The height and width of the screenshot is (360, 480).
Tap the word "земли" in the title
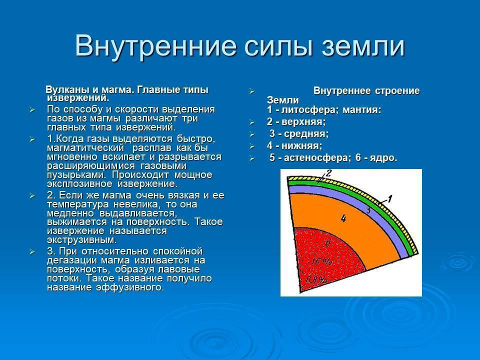click(363, 46)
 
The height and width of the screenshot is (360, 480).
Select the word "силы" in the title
click(278, 46)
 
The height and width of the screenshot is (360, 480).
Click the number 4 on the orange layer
click(343, 218)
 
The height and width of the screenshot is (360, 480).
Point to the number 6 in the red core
click(327, 243)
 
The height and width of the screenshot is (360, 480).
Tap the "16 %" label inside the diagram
click(321, 261)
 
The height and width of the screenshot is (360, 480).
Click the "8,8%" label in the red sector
click(316, 279)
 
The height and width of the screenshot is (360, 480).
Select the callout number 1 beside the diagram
click(389, 199)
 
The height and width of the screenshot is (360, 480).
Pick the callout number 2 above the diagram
click(328, 173)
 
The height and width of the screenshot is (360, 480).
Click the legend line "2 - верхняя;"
click(296, 122)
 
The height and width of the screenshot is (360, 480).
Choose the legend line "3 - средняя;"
click(299, 134)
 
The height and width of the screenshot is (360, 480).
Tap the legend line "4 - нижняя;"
click(294, 145)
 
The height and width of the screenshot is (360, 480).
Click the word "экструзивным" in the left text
click(81, 239)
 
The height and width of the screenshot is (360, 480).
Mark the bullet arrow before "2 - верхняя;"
click(252, 122)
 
